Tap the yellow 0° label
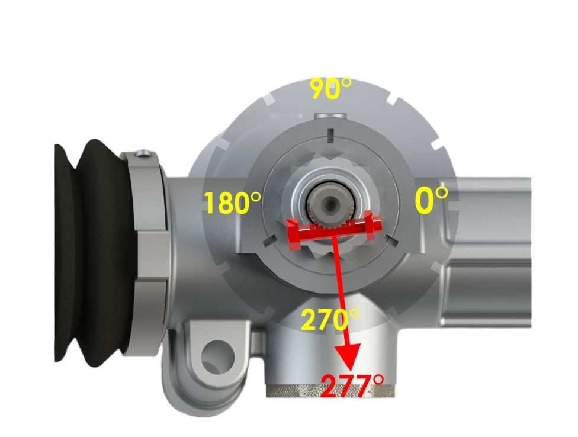click(x=431, y=200)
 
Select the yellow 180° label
click(x=233, y=203)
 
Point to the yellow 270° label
click(x=330, y=319)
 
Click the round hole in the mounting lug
click(x=218, y=356)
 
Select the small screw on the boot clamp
click(x=142, y=153)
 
